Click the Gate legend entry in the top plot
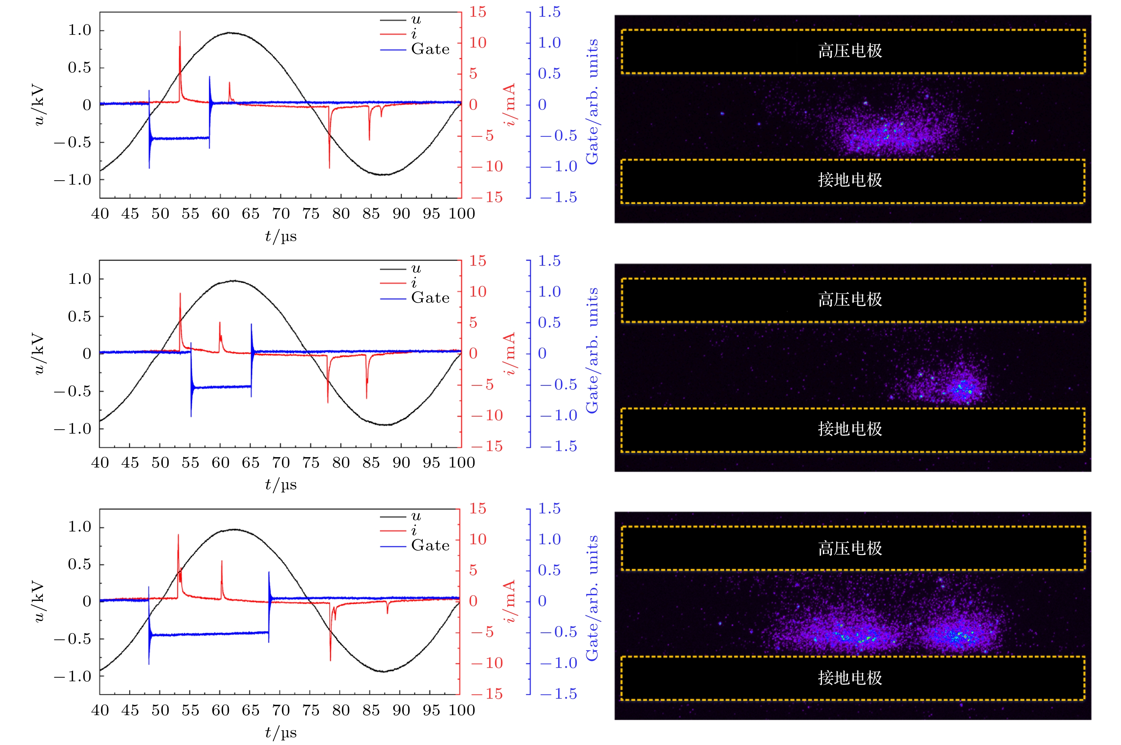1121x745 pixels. [x=430, y=49]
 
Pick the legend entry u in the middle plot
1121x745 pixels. [x=416, y=268]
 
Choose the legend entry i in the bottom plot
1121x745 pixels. [x=414, y=530]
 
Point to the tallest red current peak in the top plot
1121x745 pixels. [x=180, y=32]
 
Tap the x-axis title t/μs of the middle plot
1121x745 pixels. [x=281, y=485]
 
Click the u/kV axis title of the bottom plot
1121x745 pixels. [x=39, y=601]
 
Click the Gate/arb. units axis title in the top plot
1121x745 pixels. [x=592, y=102]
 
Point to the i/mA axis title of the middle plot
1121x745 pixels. [x=510, y=354]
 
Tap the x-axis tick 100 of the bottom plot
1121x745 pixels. [x=462, y=710]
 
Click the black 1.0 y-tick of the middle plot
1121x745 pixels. [x=80, y=279]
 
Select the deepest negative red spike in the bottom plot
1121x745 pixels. [x=331, y=660]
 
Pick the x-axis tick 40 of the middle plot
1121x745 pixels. [x=100, y=462]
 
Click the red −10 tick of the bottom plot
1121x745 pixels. [x=487, y=663]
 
